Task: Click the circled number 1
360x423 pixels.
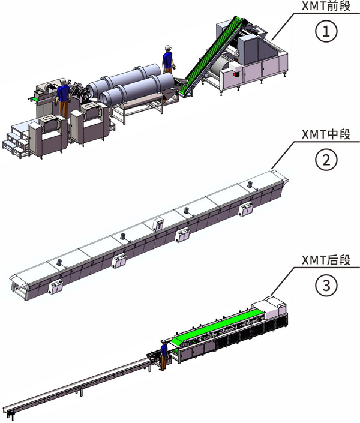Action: pos(326,31)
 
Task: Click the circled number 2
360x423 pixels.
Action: pos(326,160)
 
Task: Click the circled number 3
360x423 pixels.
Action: pos(326,285)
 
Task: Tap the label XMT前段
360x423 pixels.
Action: pos(326,6)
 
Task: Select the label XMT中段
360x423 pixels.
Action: pos(326,134)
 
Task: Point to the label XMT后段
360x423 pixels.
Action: pos(326,260)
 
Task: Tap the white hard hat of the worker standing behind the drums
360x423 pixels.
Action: pos(169,48)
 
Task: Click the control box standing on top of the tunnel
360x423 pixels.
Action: pos(158,224)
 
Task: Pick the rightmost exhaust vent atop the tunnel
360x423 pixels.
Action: pos(250,185)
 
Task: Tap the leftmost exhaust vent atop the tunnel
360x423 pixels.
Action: pos(59,263)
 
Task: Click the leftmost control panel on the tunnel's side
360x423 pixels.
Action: pos(56,287)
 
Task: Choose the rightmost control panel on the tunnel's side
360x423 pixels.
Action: pos(246,209)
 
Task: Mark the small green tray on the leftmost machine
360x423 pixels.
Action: pos(35,100)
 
